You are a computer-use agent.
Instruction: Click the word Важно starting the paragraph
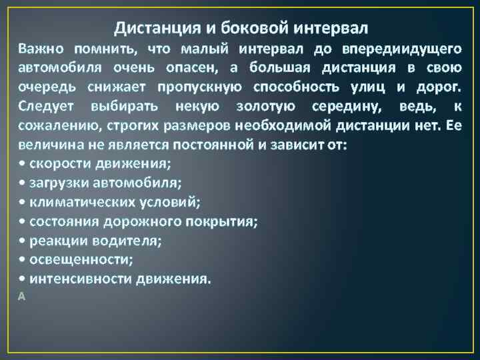tap(42, 49)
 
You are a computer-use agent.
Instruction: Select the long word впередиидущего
tap(402, 49)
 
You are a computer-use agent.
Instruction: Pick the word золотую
tap(261, 107)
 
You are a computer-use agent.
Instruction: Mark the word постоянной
tap(171, 145)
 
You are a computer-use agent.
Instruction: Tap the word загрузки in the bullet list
tap(60, 183)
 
